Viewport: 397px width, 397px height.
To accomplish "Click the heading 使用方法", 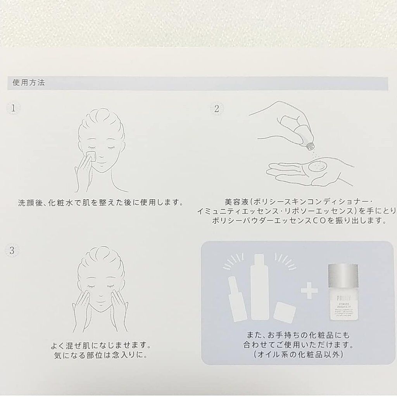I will (x=29, y=83).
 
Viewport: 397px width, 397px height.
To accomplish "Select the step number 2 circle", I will (x=216, y=109).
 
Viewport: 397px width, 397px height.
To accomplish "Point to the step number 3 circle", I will (x=12, y=250).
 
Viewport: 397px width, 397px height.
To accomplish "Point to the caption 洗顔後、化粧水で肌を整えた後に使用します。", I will (x=100, y=203).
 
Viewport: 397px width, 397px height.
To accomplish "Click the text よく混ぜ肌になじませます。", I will (x=100, y=345).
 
